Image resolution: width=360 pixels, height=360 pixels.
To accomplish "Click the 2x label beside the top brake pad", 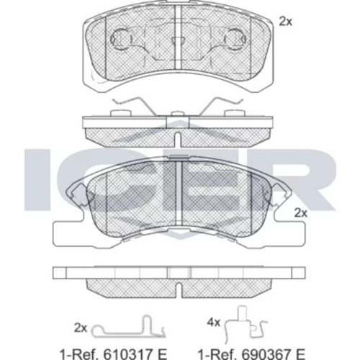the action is pyautogui.click(x=285, y=22).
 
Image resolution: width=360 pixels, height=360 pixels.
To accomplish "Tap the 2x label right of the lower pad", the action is pyautogui.click(x=301, y=213).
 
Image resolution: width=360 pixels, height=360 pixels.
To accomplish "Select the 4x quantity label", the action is pyautogui.click(x=214, y=323).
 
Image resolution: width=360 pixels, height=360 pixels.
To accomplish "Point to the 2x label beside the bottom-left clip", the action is pyautogui.click(x=81, y=328).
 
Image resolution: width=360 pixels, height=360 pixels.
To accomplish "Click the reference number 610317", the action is pyautogui.click(x=128, y=354).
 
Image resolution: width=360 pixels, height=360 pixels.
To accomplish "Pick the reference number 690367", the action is pyautogui.click(x=266, y=354).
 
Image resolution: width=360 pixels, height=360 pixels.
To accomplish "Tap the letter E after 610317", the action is pyautogui.click(x=162, y=354).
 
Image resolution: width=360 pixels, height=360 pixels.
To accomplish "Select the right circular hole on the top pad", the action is pyautogui.click(x=235, y=39).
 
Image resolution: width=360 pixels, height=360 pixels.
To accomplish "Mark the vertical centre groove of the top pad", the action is pyautogui.click(x=178, y=38).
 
